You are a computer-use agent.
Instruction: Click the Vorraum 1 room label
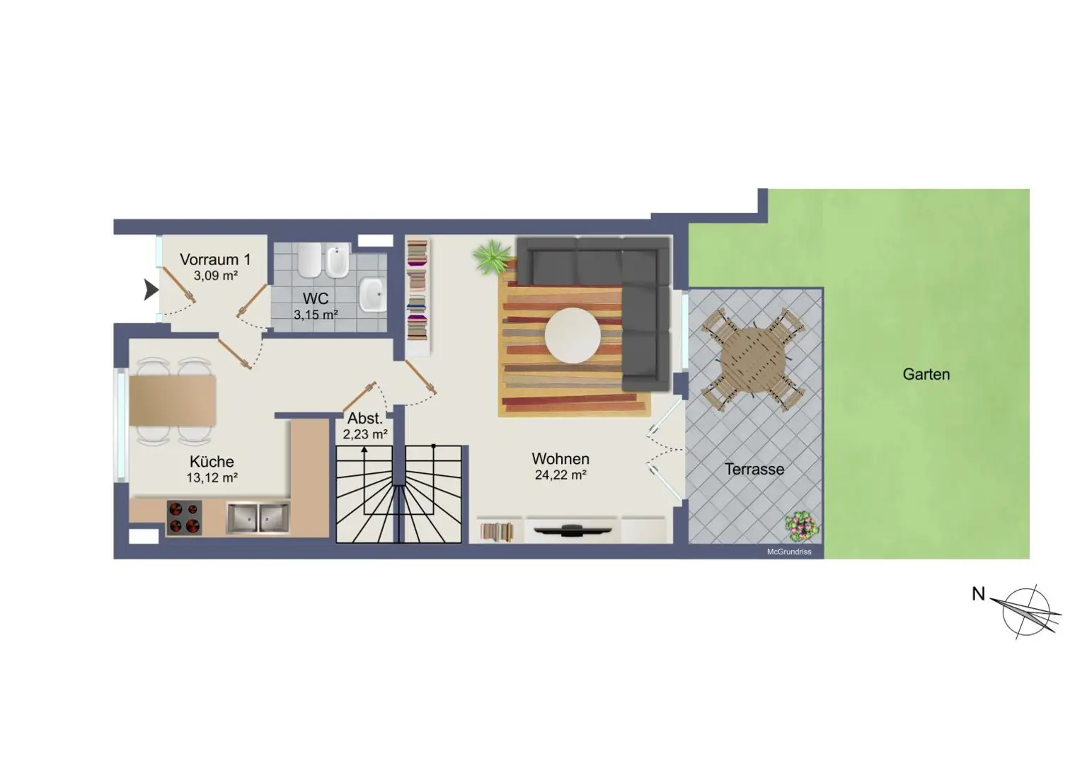[215, 260]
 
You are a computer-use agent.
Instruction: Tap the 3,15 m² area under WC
[316, 315]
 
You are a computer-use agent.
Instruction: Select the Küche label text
[212, 462]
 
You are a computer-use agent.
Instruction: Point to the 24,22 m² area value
[560, 475]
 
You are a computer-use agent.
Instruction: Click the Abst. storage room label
[365, 418]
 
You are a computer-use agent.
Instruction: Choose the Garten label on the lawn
[926, 374]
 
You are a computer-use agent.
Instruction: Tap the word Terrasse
[754, 469]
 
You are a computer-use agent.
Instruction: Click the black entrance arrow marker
[151, 290]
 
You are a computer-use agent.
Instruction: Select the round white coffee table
[573, 335]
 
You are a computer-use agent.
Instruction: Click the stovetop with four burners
[184, 518]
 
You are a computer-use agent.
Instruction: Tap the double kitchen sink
[258, 518]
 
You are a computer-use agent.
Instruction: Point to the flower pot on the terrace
[801, 525]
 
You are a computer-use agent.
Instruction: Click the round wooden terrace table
[754, 359]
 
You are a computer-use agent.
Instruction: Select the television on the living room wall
[573, 530]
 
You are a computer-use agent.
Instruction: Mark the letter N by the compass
[978, 594]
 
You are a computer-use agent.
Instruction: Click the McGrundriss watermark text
[789, 552]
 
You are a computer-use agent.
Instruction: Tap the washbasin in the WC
[373, 295]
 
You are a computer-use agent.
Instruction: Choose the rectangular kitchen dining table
[172, 400]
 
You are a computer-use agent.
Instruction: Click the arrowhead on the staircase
[364, 450]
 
